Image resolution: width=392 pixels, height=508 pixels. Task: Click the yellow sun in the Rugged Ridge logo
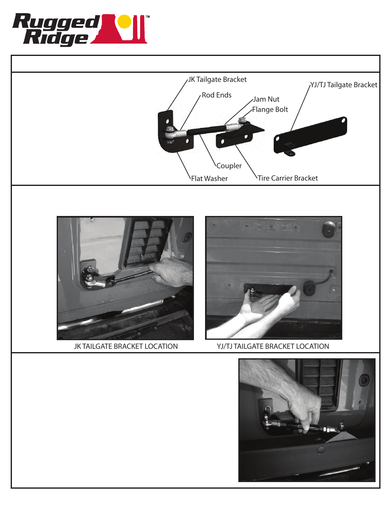coord(124,22)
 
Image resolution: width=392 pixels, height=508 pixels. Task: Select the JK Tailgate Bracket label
coord(217,79)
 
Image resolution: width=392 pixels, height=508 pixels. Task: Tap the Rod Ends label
coord(217,95)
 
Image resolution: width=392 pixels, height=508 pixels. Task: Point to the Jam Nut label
coord(266,99)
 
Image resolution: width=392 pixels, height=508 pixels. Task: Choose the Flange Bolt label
coord(270,109)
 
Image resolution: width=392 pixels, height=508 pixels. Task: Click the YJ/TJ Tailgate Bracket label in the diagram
coord(344,85)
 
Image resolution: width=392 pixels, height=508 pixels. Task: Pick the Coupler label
coord(229,166)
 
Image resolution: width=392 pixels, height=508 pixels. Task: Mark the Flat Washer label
coord(209,179)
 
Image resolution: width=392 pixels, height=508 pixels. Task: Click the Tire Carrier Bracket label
coord(288,178)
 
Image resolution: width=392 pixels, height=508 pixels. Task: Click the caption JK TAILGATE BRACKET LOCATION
coord(126,346)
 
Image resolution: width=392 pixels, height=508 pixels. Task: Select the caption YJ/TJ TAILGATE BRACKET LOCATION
coord(273,346)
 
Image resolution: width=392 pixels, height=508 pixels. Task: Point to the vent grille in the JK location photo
coord(146,241)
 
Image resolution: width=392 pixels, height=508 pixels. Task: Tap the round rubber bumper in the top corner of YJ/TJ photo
coord(329,229)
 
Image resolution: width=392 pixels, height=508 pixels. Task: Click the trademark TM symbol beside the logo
coord(148,17)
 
